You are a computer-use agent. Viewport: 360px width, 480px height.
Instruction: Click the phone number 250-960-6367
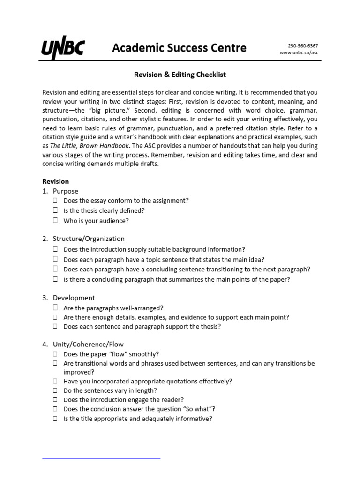[302, 45]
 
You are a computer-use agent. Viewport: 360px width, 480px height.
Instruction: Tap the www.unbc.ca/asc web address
[299, 53]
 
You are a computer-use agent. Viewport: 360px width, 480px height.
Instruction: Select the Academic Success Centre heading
[179, 48]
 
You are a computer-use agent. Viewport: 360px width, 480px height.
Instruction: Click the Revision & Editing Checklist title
[180, 75]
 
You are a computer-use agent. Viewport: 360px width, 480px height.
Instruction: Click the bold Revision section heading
[55, 181]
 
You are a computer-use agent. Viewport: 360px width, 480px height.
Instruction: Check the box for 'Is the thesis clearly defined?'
[55, 210]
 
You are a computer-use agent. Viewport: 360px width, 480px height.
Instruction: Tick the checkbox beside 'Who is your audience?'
[55, 220]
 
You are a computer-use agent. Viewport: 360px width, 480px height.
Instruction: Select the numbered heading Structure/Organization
[89, 239]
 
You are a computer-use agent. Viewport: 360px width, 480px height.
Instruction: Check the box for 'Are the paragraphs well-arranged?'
[55, 307]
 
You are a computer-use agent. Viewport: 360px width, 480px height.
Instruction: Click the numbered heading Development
[74, 298]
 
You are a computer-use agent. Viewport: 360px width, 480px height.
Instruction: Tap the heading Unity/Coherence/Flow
[88, 345]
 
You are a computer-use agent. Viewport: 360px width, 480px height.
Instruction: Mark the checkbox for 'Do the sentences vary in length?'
[55, 390]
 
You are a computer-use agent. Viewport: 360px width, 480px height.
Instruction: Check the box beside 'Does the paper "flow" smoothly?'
[55, 354]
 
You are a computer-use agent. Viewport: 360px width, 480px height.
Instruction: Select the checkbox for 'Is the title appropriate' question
[55, 419]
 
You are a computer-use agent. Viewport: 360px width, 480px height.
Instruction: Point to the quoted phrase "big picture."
[102, 110]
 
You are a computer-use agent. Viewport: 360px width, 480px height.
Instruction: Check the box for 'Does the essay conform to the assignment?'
[55, 200]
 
